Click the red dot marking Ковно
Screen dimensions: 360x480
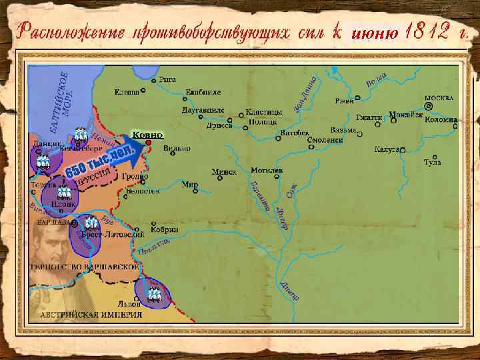149,142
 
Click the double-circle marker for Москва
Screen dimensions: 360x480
429,106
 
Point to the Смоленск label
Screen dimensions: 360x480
325,140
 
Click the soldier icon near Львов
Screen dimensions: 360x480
155,293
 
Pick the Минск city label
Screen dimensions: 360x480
224,171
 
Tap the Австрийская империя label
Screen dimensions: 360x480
91,314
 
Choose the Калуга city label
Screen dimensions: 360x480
387,149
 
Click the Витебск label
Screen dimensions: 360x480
295,133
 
